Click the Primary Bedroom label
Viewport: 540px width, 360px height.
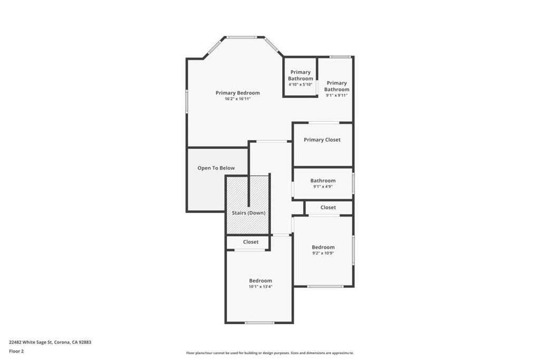[238, 93]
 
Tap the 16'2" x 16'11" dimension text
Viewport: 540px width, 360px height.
[238, 99]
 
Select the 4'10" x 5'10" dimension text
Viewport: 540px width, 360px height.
[300, 84]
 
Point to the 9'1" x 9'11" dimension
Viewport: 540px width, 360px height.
[336, 95]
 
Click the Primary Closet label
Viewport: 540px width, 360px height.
[322, 140]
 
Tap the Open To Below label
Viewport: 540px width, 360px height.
[216, 168]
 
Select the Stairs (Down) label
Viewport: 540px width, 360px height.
[249, 213]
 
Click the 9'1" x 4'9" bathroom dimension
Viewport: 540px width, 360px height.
[323, 187]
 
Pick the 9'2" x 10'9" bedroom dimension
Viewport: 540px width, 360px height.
[323, 254]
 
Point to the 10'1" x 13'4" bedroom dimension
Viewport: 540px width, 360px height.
[261, 287]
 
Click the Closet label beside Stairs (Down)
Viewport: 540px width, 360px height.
[250, 242]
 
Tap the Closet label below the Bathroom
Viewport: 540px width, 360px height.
[328, 208]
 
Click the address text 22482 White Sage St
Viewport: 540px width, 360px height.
[30, 343]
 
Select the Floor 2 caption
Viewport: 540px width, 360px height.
[16, 352]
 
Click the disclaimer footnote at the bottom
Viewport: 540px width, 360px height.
[270, 353]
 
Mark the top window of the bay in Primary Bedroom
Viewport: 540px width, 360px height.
[241, 37]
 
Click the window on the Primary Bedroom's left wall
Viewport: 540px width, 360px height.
[187, 102]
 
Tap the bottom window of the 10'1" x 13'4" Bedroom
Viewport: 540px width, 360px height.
[259, 323]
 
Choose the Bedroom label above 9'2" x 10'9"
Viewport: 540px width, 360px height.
[323, 247]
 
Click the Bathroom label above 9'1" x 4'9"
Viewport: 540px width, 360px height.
[323, 181]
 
